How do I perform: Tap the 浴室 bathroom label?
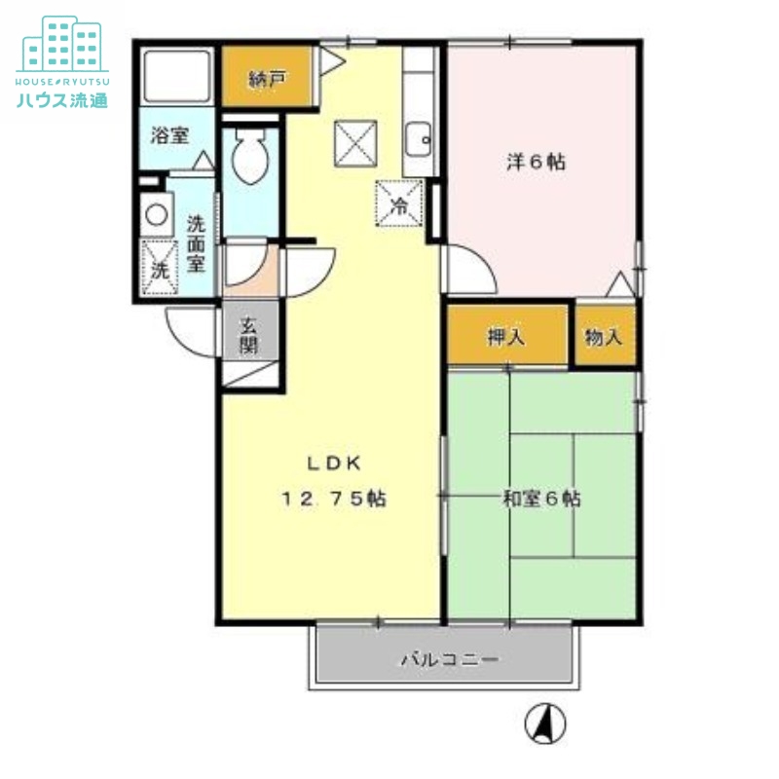pos(169,135)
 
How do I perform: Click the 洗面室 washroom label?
pos(196,242)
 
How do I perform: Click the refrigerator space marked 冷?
pos(399,205)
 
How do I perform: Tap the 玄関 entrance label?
pos(249,334)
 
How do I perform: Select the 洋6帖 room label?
pos(536,163)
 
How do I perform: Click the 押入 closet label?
pos(506,337)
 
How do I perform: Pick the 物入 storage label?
pos(604,337)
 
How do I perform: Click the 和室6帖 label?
pos(541,499)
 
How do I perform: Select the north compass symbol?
pos(544,723)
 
